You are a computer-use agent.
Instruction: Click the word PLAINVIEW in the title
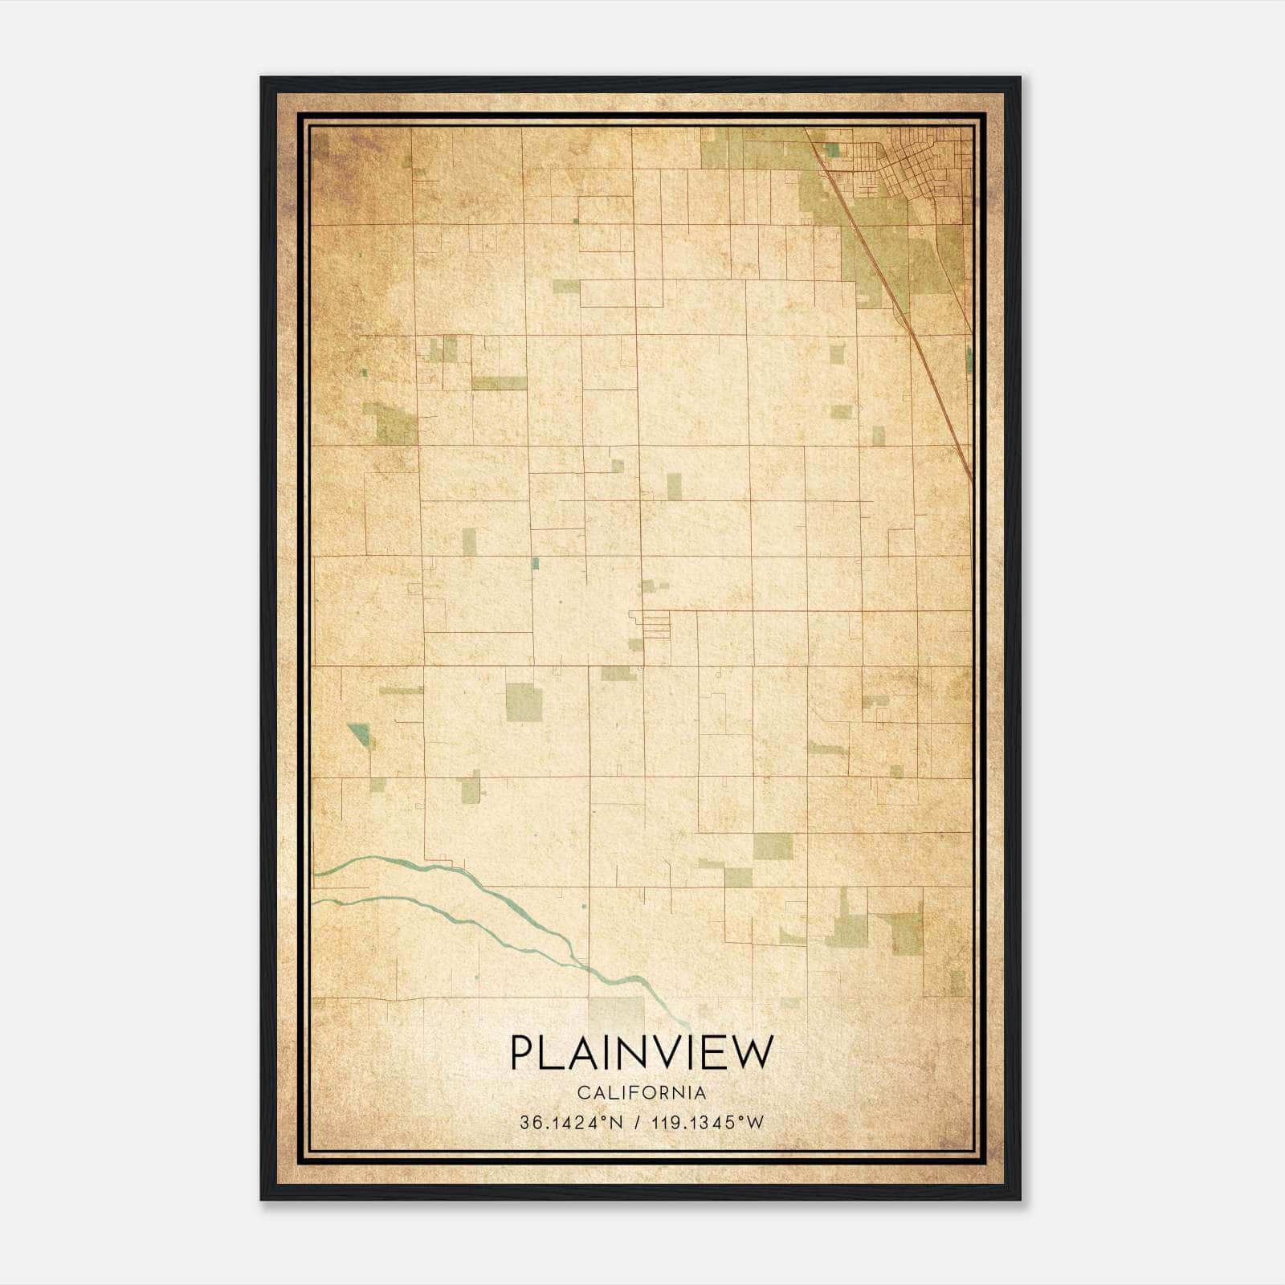(x=641, y=1052)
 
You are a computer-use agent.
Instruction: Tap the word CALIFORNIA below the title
(x=641, y=1093)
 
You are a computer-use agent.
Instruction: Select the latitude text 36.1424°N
(x=571, y=1123)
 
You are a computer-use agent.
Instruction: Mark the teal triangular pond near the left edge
(x=360, y=732)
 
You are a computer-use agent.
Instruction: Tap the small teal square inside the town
(x=833, y=149)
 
